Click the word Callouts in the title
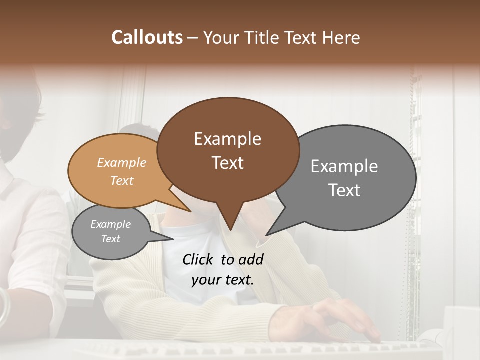click(x=147, y=37)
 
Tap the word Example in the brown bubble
click(x=227, y=139)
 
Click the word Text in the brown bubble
click(x=227, y=163)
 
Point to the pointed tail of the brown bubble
click(x=230, y=229)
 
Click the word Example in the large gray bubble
click(x=344, y=166)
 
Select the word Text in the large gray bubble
click(x=344, y=190)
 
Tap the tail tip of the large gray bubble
click(x=267, y=235)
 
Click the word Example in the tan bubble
click(x=121, y=162)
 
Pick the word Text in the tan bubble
click(x=121, y=180)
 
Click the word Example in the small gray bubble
click(x=110, y=224)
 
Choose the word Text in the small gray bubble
click(x=110, y=239)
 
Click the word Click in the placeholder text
click(x=198, y=259)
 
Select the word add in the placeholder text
click(x=250, y=259)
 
